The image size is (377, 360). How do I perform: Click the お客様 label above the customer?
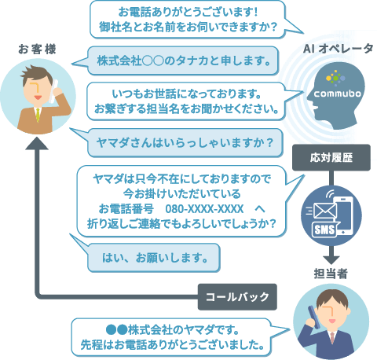[37, 50]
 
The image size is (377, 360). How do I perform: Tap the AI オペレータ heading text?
[338, 49]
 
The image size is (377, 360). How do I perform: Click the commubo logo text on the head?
[337, 94]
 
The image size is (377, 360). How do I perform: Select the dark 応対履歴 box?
[331, 157]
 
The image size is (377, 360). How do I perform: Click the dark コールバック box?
[237, 297]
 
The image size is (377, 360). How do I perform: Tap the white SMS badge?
[324, 230]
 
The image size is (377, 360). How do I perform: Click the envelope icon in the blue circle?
[325, 211]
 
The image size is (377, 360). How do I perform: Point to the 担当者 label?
[331, 274]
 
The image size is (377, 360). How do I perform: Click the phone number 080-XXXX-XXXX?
[204, 209]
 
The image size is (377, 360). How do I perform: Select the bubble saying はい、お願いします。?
[154, 258]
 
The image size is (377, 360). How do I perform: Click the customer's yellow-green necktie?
[38, 115]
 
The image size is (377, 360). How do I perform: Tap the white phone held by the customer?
[53, 91]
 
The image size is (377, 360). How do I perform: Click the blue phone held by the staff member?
[314, 317]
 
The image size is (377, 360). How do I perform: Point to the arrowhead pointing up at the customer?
[37, 143]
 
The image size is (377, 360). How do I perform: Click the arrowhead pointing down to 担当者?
[331, 260]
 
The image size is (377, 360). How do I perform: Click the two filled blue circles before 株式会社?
[116, 329]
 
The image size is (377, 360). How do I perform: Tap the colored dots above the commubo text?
[335, 78]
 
